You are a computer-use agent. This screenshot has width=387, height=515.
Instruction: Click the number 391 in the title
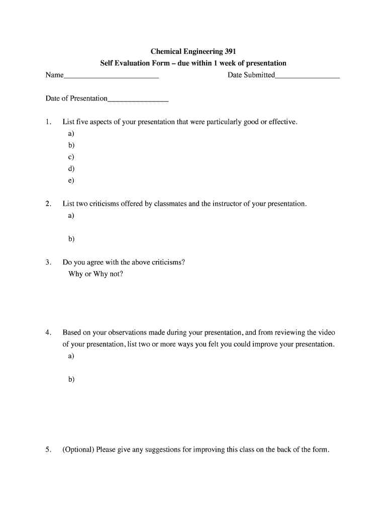(229, 51)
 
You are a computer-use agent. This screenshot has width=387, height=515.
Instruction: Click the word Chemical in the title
(166, 51)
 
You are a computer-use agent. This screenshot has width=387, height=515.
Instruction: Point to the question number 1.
(48, 122)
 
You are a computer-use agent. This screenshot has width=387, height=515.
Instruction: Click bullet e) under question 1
(71, 180)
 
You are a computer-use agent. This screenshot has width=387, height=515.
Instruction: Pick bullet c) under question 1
(71, 157)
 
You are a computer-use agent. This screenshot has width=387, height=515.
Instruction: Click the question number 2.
(48, 204)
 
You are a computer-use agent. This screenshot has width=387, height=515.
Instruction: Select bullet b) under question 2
(71, 239)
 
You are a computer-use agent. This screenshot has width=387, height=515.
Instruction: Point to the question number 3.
(48, 263)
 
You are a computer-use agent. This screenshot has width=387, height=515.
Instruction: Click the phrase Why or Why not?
(95, 274)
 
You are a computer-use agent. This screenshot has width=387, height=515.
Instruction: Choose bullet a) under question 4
(71, 356)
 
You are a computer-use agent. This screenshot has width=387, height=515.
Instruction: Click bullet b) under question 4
(71, 379)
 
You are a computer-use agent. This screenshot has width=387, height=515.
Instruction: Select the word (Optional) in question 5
(78, 450)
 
